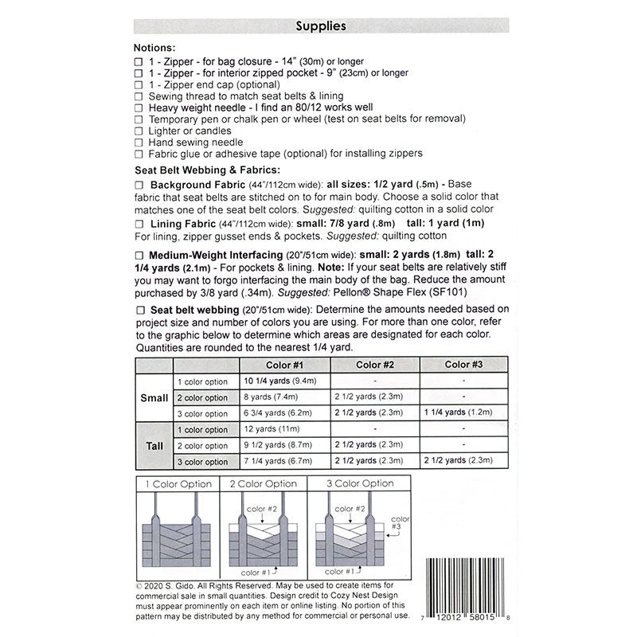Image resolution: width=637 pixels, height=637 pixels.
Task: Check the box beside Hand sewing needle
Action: click(x=140, y=142)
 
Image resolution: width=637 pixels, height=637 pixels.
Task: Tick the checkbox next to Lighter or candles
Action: click(x=140, y=131)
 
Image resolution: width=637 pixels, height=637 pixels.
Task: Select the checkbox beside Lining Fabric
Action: click(x=140, y=224)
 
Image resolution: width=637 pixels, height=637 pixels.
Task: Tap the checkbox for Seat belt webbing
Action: click(x=140, y=309)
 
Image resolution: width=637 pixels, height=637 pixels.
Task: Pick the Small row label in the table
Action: click(x=154, y=397)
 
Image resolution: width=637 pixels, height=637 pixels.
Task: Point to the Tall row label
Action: click(x=154, y=445)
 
